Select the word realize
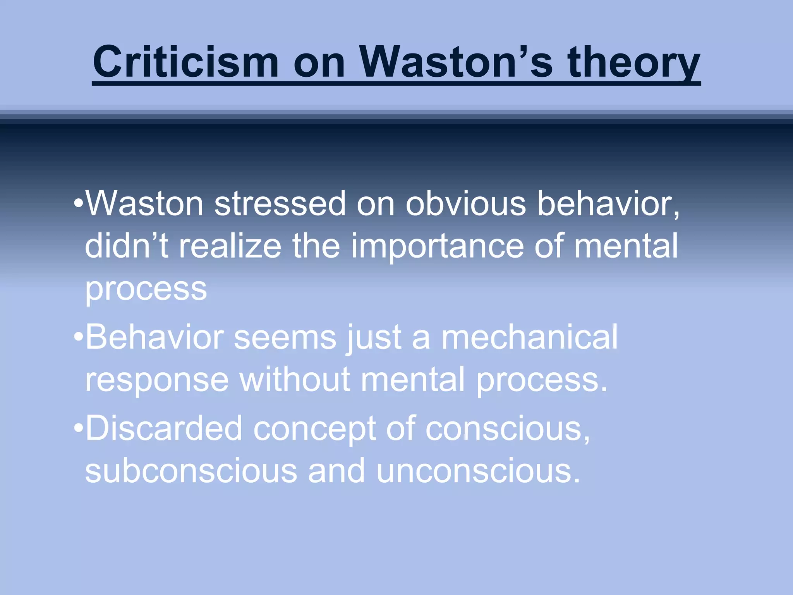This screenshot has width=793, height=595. coord(230,246)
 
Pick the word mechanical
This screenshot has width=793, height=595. coord(529,337)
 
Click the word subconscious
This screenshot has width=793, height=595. coord(191,471)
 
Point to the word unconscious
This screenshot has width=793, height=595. coord(478,471)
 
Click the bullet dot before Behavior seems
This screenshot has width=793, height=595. coord(79,337)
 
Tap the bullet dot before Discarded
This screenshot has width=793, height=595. coord(79,428)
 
